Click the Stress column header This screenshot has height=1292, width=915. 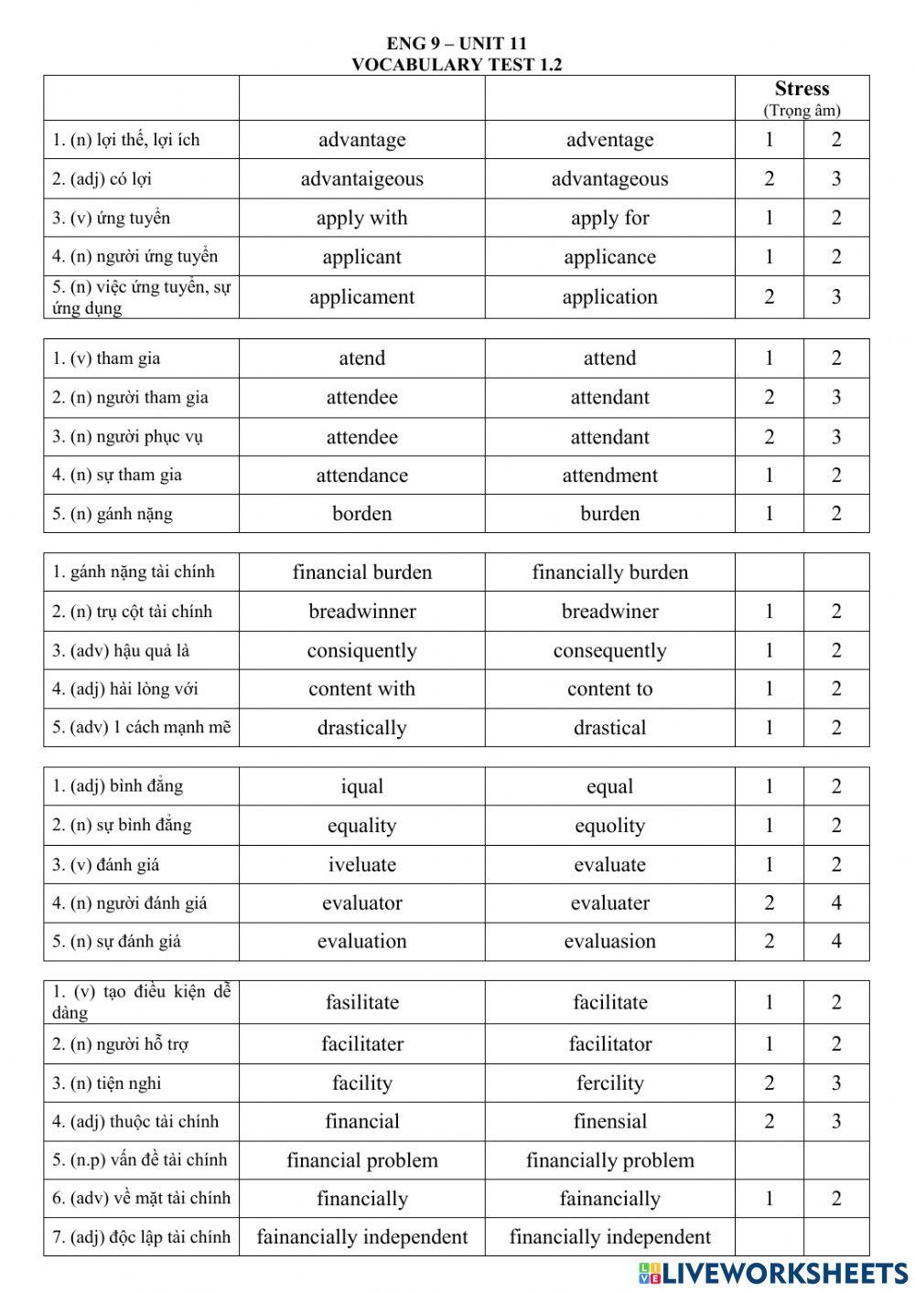point(802,90)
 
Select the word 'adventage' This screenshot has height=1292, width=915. point(609,140)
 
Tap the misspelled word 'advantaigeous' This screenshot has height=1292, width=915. point(361,179)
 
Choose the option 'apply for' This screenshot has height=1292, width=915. point(609,219)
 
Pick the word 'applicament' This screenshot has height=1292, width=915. point(361,297)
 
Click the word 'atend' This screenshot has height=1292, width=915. point(361,358)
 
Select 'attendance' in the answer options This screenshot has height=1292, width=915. point(361,475)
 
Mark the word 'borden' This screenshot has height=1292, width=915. point(361,514)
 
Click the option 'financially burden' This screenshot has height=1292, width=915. point(609,572)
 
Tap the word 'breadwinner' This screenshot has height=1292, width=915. point(361,612)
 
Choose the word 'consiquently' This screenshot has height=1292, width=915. point(361,651)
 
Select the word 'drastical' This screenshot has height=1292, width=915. point(609,728)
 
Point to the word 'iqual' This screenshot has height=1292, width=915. point(361,786)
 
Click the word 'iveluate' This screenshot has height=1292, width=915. point(361,865)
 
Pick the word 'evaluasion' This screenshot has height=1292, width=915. point(609,942)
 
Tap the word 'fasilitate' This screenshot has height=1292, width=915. point(361,1002)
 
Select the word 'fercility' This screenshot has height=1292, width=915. point(609,1084)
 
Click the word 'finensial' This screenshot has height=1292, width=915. point(609,1122)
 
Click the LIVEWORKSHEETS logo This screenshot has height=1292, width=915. point(773,1273)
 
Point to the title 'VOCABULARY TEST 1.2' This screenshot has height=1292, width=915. point(457,64)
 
